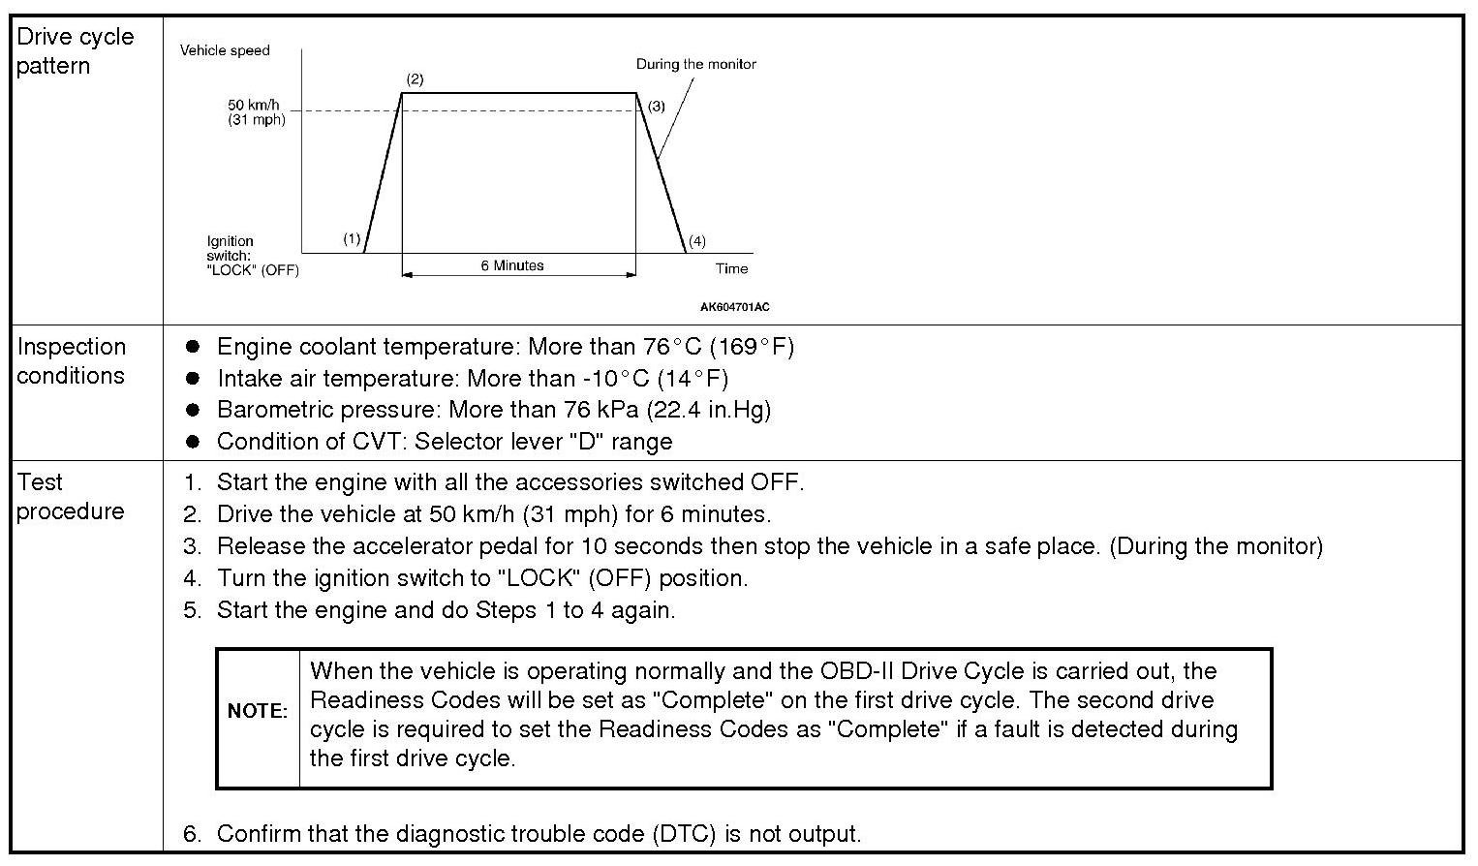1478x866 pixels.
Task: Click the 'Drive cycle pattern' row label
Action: pos(75,51)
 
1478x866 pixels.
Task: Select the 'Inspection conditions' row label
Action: pos(71,360)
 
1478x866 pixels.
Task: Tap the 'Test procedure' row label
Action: pos(70,496)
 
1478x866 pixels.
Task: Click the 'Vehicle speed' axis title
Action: pos(225,50)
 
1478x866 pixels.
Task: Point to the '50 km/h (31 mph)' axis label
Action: pos(257,112)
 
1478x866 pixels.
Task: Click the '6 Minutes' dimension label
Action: pos(512,265)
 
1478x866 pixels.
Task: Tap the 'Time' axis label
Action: pos(732,268)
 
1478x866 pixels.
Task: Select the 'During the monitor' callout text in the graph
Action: pos(695,64)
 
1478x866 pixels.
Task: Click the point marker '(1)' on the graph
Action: pos(352,238)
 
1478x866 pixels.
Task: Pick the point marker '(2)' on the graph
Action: pos(415,79)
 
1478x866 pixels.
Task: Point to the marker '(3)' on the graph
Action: pos(657,106)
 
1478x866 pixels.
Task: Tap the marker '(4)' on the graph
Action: pos(696,241)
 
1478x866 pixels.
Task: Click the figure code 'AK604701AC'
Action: pos(734,307)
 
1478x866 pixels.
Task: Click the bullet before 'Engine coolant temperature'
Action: pos(193,346)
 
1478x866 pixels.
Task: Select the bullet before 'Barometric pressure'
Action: pos(193,409)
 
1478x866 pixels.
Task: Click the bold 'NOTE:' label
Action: pos(258,711)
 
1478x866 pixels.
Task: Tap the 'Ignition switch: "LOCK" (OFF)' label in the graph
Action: pos(252,256)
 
